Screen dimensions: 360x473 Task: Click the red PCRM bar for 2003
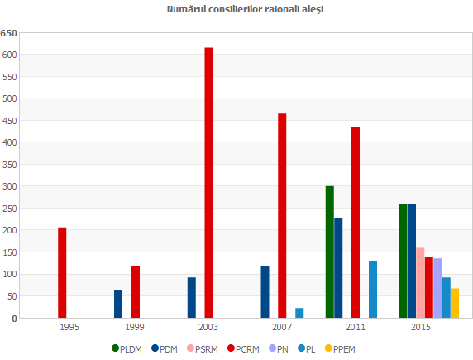point(208,182)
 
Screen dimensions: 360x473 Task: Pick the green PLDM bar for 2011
point(330,252)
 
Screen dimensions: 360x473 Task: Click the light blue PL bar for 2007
point(299,313)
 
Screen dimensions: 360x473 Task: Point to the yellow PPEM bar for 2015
point(455,303)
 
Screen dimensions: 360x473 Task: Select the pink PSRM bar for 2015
point(420,282)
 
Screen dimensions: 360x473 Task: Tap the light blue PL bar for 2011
point(373,289)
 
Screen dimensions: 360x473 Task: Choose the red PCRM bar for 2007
point(282,215)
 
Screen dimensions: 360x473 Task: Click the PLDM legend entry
point(126,348)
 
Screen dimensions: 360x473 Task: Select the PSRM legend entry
point(202,348)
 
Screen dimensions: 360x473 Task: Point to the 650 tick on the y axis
point(9,33)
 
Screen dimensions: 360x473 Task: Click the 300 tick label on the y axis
point(9,186)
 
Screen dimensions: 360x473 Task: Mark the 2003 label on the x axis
point(208,328)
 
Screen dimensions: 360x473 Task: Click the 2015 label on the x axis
point(420,328)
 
